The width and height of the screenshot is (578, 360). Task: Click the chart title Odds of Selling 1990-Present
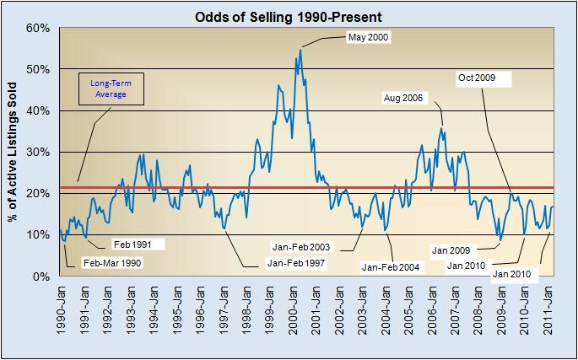[289, 14]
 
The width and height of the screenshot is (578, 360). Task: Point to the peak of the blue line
[300, 50]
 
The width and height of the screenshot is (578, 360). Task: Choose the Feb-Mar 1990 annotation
[112, 263]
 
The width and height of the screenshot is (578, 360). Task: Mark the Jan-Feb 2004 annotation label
[390, 267]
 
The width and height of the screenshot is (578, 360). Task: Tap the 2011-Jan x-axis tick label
[548, 309]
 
